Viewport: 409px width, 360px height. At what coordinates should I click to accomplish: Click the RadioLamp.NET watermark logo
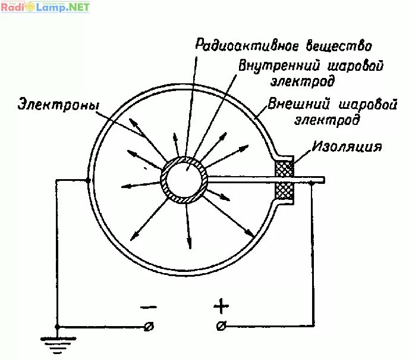[x=45, y=7]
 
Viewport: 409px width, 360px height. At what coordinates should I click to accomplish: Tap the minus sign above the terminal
[x=149, y=307]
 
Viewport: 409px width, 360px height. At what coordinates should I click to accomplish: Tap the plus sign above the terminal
[x=221, y=307]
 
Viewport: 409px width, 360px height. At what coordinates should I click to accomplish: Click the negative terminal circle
[x=149, y=326]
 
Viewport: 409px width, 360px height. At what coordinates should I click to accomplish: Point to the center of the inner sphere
[x=185, y=179]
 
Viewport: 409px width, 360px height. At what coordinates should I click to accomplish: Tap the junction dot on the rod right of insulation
[x=313, y=184]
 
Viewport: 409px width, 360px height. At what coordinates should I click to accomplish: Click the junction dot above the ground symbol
[x=57, y=327]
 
